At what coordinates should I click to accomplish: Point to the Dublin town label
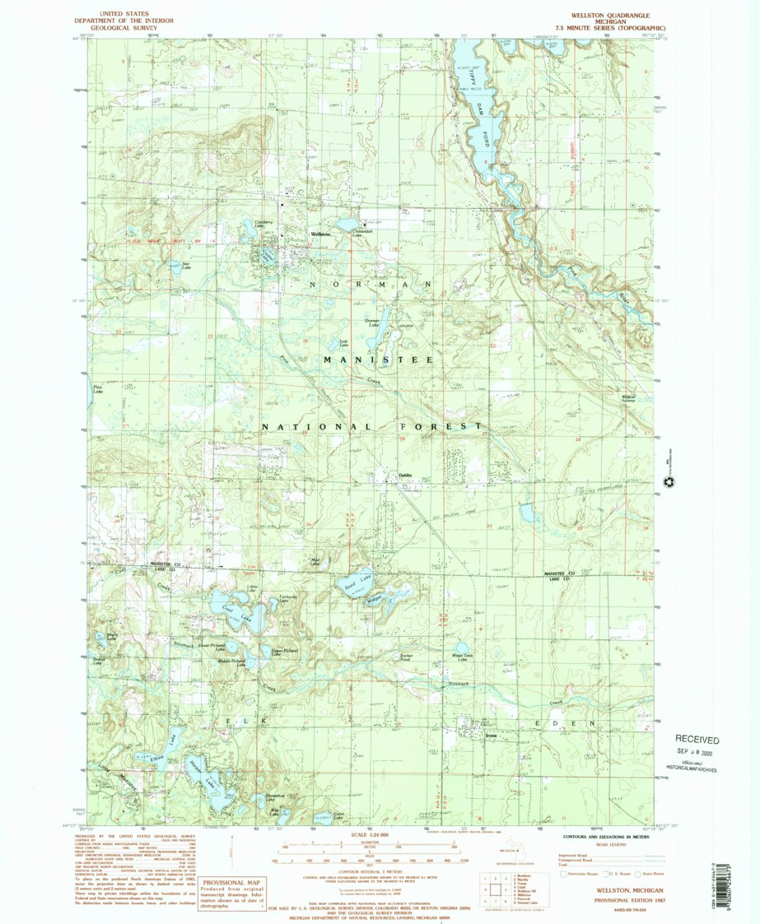(404, 476)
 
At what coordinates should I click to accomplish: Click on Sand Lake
(354, 583)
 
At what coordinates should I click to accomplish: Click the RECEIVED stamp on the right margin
(697, 740)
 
